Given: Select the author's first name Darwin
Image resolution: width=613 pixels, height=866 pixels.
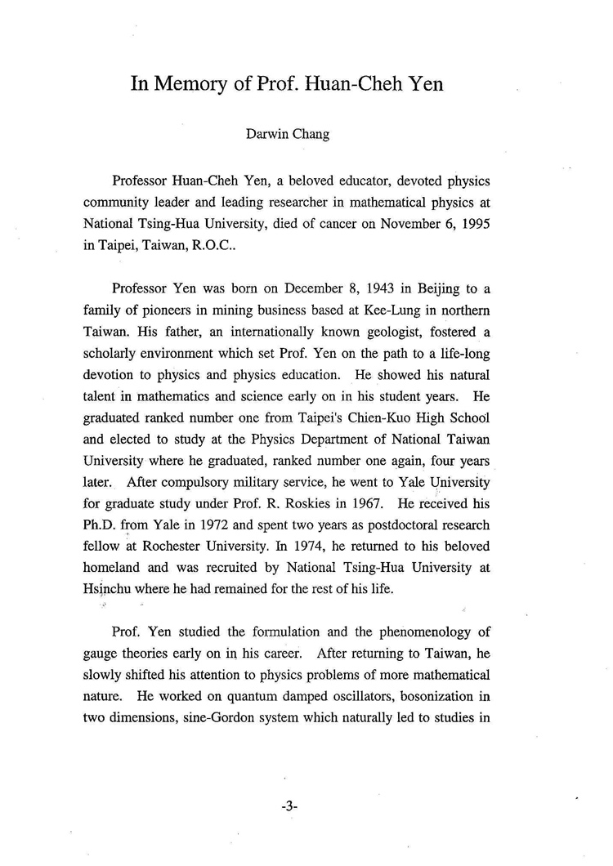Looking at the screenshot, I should tap(267, 135).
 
